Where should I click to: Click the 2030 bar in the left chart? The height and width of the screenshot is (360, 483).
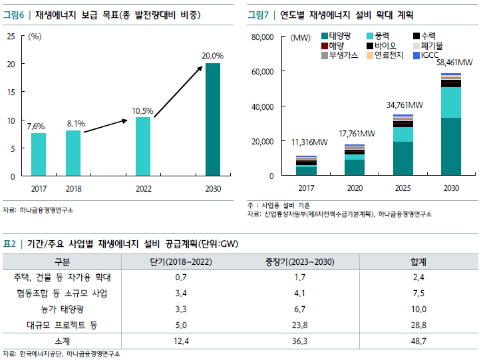[213, 120]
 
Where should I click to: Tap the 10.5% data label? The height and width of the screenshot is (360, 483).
[143, 110]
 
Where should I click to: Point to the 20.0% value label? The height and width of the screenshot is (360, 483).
[213, 57]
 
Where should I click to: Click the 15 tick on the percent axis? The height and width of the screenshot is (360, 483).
[11, 92]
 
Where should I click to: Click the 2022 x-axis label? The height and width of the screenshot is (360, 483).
[143, 188]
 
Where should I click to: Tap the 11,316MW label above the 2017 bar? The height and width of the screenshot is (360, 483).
[309, 142]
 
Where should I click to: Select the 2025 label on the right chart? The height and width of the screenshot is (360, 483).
[403, 188]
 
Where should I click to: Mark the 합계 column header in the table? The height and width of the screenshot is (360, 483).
[418, 262]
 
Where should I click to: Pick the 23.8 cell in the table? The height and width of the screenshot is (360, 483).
[285, 325]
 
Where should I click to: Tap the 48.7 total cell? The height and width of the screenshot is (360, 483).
[418, 341]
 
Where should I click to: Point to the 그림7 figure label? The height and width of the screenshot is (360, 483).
[259, 13]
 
